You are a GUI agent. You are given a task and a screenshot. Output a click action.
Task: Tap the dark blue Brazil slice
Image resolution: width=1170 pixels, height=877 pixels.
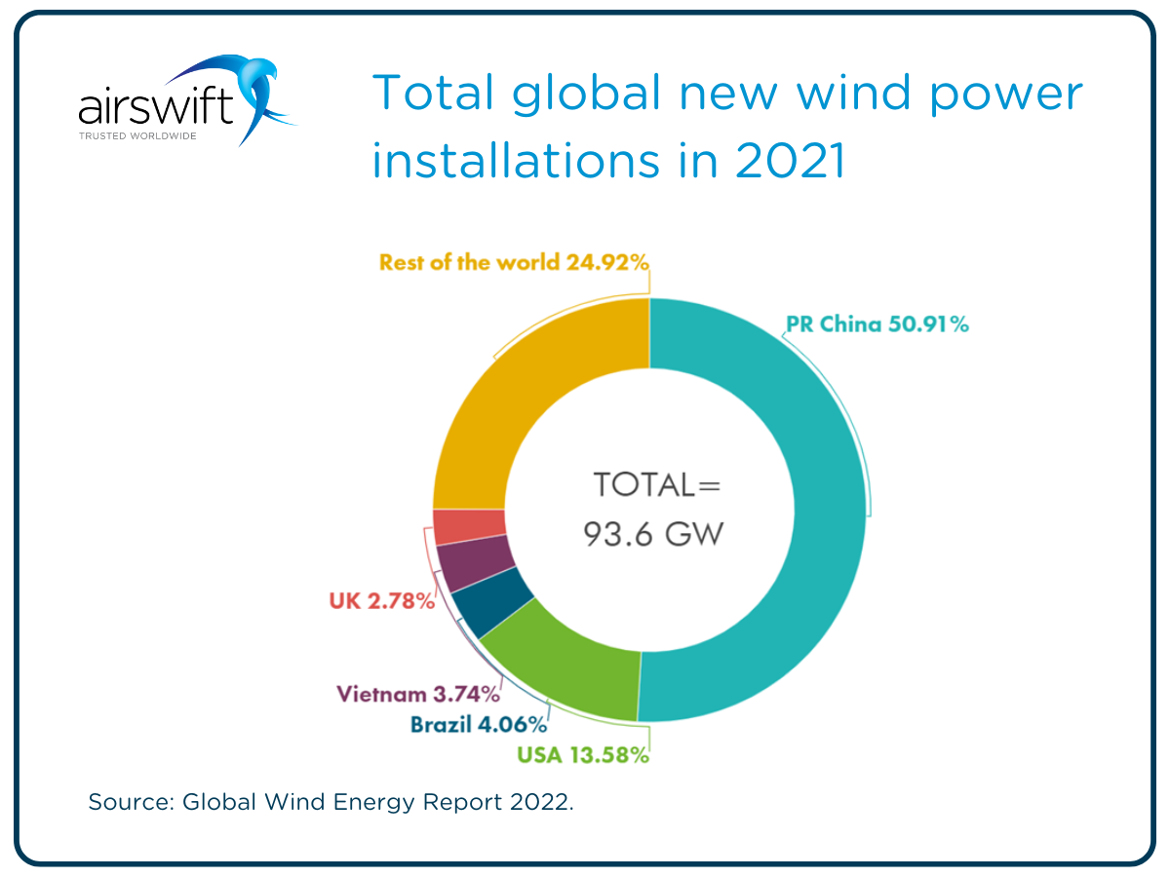click(x=492, y=609)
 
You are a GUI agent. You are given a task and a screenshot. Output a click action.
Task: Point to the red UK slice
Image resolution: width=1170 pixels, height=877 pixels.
click(x=469, y=527)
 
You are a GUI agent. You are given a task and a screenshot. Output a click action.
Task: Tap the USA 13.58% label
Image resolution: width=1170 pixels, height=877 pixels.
click(x=582, y=755)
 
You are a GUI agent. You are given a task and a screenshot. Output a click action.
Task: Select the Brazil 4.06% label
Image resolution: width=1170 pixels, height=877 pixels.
click(x=478, y=725)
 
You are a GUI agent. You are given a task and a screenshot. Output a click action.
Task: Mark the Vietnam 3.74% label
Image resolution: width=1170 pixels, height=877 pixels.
click(x=417, y=694)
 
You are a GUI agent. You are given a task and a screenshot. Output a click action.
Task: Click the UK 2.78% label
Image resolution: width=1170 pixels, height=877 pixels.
click(x=381, y=601)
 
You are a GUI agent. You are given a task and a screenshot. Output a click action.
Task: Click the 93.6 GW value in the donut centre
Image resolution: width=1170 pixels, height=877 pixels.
click(x=653, y=533)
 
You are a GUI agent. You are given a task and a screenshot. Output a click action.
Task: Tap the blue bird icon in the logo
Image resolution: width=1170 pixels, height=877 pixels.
click(x=258, y=93)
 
